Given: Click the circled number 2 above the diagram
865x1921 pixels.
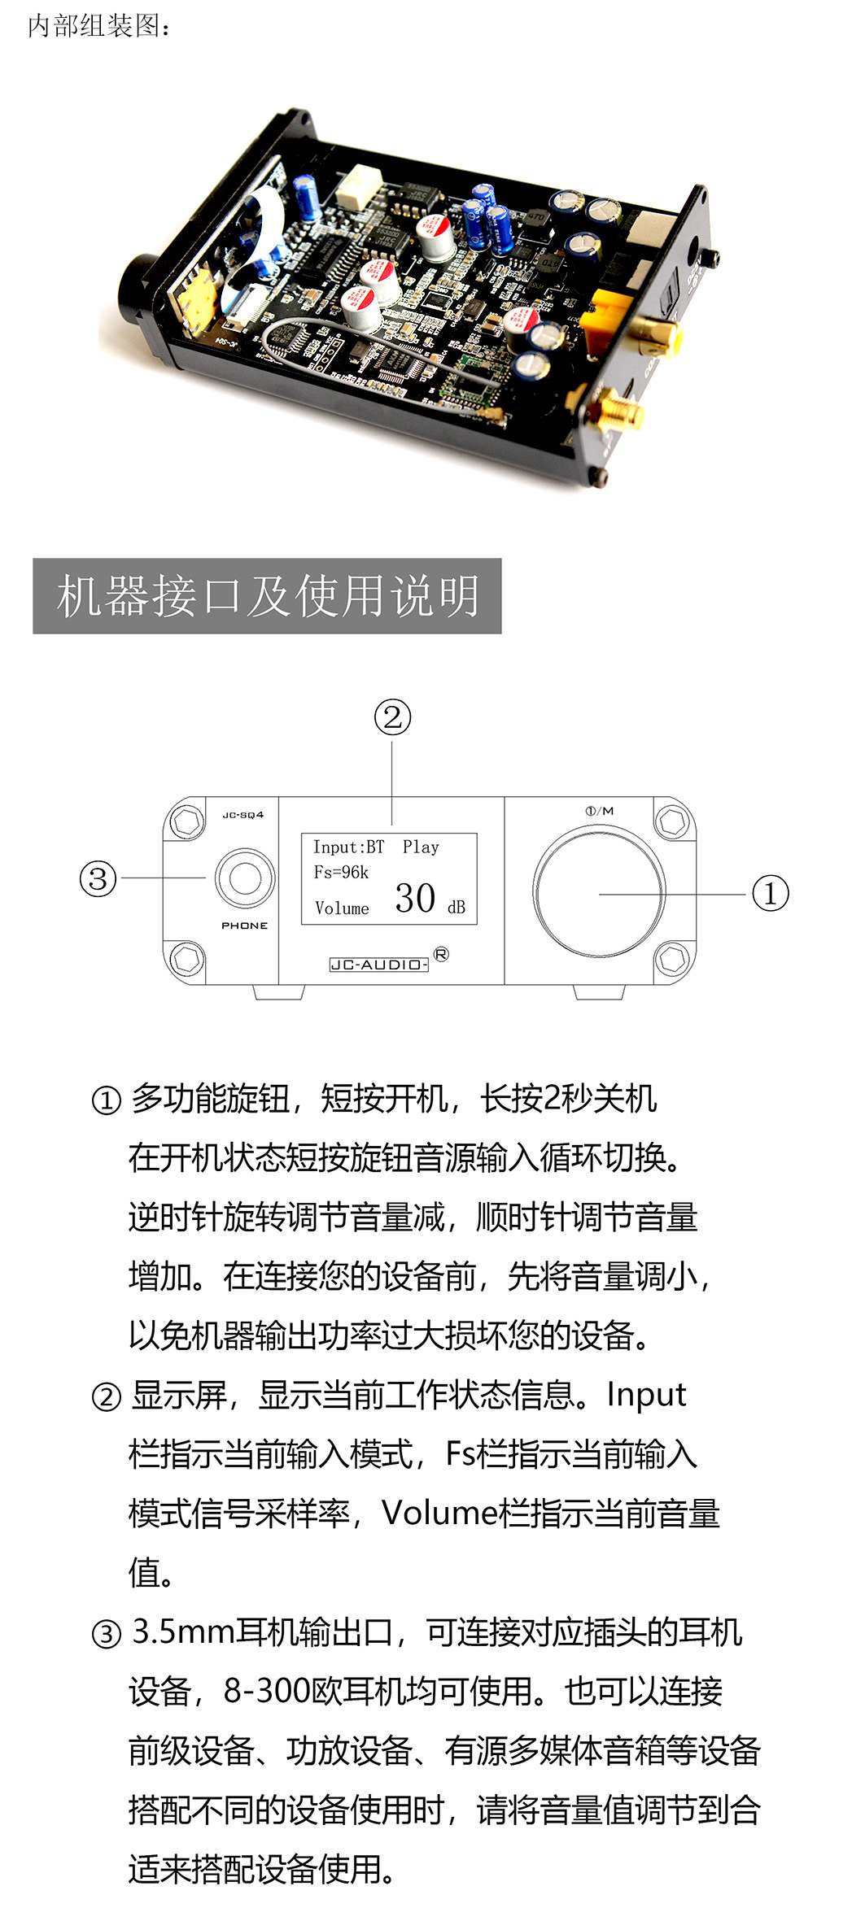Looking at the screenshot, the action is [392, 717].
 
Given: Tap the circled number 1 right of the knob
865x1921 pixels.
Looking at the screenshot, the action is [770, 893].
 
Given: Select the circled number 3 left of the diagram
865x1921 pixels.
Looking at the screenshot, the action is [98, 878].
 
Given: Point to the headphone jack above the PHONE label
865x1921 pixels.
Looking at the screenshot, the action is [245, 878].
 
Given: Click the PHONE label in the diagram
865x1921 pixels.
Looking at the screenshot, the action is [244, 926].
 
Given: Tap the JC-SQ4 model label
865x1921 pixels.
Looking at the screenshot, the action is [243, 815].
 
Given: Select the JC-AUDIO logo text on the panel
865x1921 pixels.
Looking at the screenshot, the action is [379, 965].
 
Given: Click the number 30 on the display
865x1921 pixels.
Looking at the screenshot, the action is [415, 899].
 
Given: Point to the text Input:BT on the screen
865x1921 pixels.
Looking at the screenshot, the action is [348, 847].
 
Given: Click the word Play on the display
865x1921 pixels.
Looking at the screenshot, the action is [421, 847].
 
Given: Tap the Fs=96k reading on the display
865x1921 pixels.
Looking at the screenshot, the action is [341, 873].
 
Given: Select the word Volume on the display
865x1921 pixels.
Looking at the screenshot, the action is [342, 908].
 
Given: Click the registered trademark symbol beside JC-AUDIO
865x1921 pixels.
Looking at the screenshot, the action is [441, 954].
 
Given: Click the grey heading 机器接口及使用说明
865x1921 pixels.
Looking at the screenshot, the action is [267, 596].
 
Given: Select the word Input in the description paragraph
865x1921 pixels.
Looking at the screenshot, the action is [647, 1395].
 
